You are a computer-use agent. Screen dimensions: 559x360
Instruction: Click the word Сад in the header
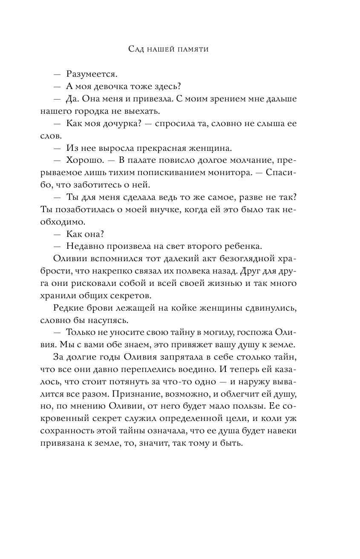pos(137,50)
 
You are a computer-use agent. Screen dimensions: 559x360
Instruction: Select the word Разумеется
pos(92,74)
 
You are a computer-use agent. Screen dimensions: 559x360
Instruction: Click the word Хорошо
pos(84,161)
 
